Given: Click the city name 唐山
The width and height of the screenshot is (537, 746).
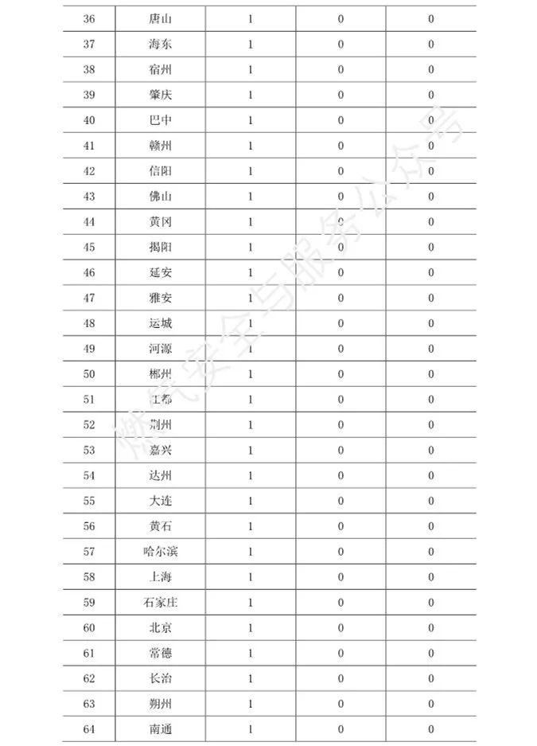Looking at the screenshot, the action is coord(160,18).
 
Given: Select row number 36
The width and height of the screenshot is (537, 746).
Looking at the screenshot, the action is coord(88,18).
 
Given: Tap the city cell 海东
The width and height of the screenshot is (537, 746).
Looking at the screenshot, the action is coord(160,44).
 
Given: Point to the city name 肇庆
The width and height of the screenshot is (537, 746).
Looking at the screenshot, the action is coord(160,95).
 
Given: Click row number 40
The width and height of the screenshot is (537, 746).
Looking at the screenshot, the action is coord(88,120).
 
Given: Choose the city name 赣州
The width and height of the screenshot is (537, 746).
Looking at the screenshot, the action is coord(160,146).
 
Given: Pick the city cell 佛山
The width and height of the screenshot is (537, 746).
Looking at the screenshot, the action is coord(160,197).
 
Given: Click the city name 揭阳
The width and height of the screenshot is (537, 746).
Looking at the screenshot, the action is coord(160,247).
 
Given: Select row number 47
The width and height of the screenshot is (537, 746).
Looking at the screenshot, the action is coord(88,298).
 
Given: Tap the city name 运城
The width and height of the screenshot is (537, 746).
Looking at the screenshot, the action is coord(160,323).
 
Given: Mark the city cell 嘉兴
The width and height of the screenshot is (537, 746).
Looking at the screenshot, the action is coord(160,450).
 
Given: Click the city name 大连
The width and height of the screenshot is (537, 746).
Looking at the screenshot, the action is coord(160,501).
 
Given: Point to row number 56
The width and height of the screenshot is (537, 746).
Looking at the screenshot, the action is coord(88,526).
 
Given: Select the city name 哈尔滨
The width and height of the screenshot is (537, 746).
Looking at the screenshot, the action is coord(160,552).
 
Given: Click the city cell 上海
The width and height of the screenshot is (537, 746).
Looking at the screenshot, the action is coord(160,577).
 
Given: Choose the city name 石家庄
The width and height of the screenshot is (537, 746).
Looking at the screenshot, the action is coord(160,603).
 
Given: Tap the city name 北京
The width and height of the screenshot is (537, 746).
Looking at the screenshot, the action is coord(160,628).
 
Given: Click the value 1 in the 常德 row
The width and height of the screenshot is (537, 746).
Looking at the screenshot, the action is coord(250,654).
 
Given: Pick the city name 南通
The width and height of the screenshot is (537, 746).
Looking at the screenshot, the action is coord(160,729).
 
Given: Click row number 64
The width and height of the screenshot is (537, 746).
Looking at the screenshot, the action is coord(88,729).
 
